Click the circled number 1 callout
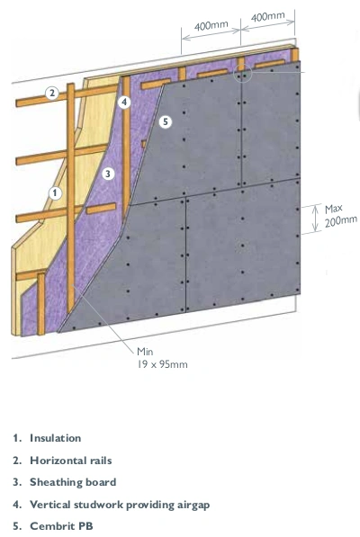pos(55,193)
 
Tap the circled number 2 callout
pos(51,93)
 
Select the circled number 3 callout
pos(108,174)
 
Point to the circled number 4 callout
pos(124,102)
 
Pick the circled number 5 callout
pos(166,121)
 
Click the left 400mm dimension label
pos(211,26)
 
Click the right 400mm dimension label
pos(267,16)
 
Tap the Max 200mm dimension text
pos(340,215)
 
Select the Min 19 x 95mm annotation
pos(162,358)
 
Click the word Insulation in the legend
pos(56,438)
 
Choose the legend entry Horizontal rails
pos(70,461)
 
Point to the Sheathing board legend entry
pos(73,482)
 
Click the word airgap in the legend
pos(193,506)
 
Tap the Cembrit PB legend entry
pos(61,526)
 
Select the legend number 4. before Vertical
pos(17,505)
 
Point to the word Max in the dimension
pos(334,210)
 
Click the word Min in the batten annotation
pos(145,352)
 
